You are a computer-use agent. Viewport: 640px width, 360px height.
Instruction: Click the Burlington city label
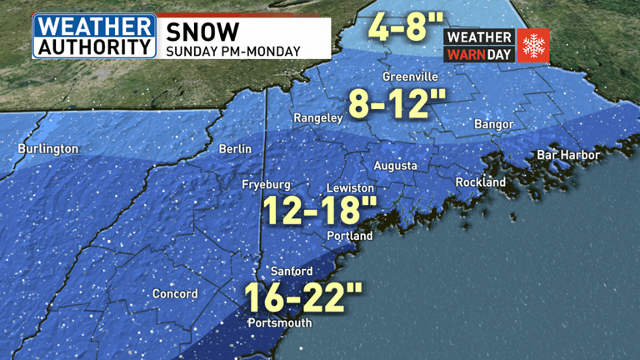[48, 149]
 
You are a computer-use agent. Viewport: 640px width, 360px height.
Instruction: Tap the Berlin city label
[234, 149]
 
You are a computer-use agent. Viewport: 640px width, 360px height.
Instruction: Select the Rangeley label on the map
[317, 119]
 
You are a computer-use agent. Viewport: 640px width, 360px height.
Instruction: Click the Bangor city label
[487, 124]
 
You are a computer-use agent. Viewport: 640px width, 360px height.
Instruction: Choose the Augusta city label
[395, 166]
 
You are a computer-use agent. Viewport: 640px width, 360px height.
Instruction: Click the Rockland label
[481, 182]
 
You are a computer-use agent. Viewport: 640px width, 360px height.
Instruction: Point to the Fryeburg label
[266, 184]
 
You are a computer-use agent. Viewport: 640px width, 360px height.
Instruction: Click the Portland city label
[349, 237]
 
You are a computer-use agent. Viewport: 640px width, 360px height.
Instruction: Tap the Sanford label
[292, 272]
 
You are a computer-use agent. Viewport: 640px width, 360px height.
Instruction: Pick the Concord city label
[175, 294]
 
